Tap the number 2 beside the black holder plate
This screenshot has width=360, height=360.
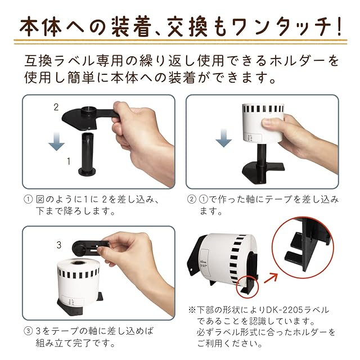tap(56, 107)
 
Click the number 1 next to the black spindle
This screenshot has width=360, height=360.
tap(69, 161)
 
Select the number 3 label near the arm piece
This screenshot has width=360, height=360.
tap(59, 245)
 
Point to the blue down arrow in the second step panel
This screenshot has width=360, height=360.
tap(224, 138)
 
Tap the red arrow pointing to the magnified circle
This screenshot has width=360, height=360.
tap(271, 277)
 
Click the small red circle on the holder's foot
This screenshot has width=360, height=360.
tap(247, 286)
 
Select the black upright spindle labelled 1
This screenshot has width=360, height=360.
tap(87, 154)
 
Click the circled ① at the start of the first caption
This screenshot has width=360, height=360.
tap(28, 199)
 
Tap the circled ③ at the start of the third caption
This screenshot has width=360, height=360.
tap(28, 331)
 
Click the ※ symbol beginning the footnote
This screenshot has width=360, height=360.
tap(192, 310)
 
